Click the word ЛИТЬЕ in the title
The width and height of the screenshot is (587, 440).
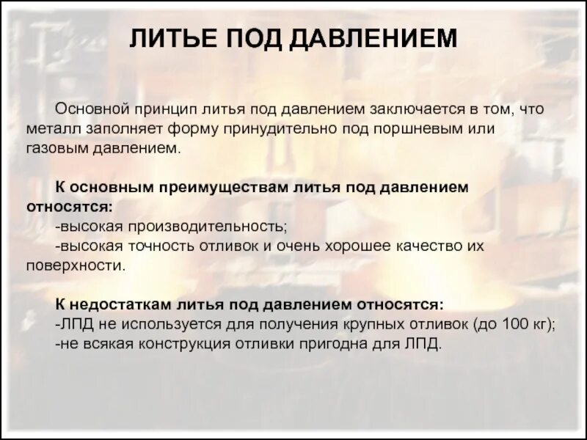pos(170,39)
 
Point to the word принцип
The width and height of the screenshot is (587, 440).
pos(162,109)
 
